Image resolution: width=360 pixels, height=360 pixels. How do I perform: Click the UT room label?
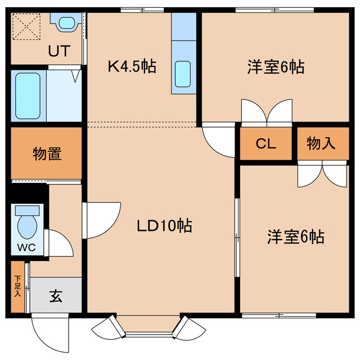59,51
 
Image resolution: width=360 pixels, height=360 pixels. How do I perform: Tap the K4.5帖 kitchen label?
132,66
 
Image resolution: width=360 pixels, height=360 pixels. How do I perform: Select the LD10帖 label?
164,226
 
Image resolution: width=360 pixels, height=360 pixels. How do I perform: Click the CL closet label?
266,144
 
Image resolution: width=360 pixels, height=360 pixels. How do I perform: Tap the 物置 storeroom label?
47,154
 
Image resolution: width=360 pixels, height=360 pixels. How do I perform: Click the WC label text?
26,247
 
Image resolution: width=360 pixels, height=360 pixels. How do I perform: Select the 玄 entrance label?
56,296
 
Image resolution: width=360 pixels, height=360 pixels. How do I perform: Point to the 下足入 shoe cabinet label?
17,286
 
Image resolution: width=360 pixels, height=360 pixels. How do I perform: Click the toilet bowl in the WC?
28,227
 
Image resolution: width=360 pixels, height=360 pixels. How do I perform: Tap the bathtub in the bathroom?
28,96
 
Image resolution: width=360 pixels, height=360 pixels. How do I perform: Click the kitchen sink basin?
183,74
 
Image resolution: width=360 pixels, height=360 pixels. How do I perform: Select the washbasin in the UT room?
67,23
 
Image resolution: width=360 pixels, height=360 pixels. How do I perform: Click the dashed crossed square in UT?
26,26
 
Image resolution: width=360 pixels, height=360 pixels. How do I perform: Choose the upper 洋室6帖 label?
276,67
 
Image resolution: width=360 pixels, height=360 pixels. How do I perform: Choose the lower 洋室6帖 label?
296,237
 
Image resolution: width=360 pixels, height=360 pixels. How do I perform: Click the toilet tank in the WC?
27,210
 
